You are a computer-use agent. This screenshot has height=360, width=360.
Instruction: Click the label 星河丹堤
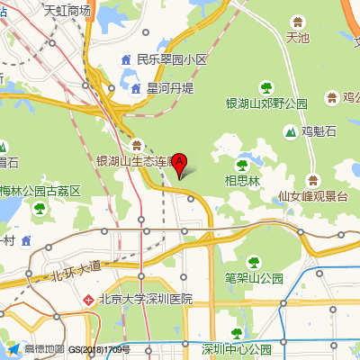(x=170, y=88)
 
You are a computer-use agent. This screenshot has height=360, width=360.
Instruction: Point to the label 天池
(x=297, y=38)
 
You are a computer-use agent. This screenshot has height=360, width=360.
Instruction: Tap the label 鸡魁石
(x=319, y=131)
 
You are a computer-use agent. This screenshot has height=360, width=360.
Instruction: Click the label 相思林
(x=242, y=180)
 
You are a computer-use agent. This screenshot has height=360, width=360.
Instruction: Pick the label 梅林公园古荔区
(x=40, y=191)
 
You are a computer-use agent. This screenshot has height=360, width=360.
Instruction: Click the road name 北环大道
(x=76, y=268)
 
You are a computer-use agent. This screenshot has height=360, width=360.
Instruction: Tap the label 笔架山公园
(x=254, y=277)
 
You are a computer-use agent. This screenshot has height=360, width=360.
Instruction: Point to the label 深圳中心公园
(x=237, y=349)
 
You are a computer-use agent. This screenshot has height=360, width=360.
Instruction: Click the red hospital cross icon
(x=88, y=299)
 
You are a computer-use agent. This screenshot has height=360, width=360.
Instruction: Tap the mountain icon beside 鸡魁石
(x=290, y=131)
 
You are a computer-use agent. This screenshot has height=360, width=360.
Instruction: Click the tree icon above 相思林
(x=242, y=165)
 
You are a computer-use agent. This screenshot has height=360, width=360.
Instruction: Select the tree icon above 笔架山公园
(x=254, y=262)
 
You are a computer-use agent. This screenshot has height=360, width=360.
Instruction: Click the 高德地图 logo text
(x=43, y=349)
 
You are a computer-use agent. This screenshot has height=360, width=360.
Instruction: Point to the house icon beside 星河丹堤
(x=136, y=88)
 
